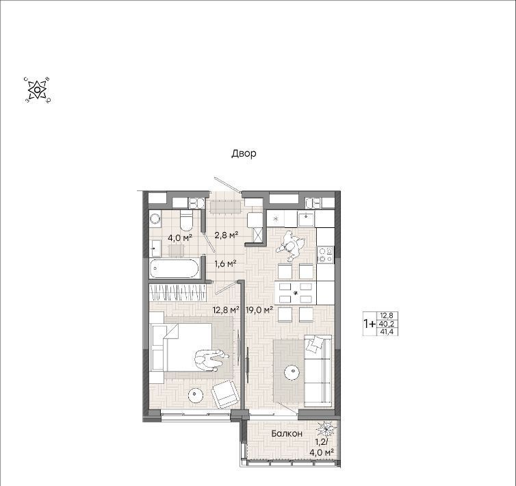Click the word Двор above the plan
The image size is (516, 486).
pos(244,153)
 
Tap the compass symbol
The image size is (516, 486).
pos(38,90)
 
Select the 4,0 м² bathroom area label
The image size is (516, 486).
pos(180,238)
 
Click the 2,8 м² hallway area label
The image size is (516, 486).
pos(227,235)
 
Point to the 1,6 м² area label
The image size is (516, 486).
pos(225,264)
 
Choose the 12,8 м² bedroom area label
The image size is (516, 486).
pos(226,309)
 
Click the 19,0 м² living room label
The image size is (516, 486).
pos(259,309)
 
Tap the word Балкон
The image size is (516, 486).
pos(287,434)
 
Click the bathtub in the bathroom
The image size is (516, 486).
pos(175,269)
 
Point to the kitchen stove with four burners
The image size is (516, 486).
pos(325,255)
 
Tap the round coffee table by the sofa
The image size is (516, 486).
pos(292,373)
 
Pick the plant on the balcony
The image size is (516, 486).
pos(326,429)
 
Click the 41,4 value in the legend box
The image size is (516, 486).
pos(387,332)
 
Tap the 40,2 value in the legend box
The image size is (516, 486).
pos(387,324)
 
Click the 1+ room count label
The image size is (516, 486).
pos(370,324)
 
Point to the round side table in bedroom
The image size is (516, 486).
pos(195,396)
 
